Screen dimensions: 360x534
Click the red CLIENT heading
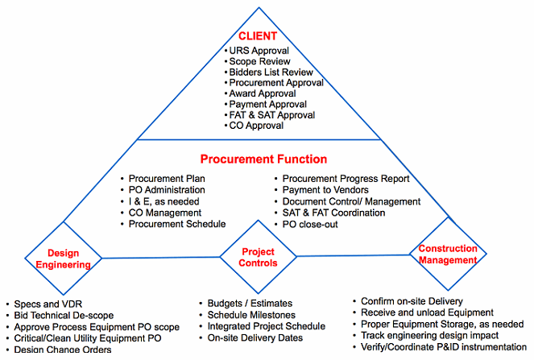[x=258, y=36]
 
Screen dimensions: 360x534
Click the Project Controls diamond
[x=259, y=257]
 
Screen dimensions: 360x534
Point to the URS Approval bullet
[x=260, y=50]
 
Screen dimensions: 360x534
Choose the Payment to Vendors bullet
[x=329, y=190]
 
